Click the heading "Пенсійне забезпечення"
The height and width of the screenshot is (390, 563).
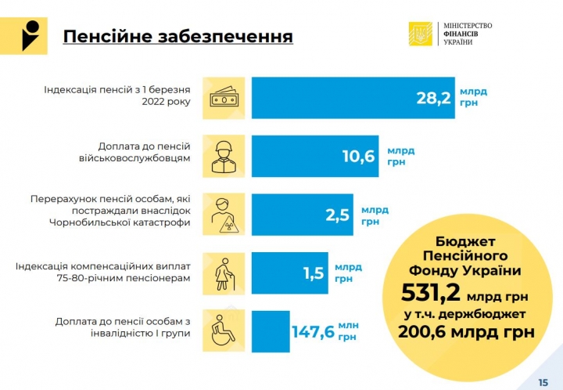point(178,37)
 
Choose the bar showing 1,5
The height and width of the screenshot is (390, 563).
point(289,273)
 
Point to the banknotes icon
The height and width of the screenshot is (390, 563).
point(223,97)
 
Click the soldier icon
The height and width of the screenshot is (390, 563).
point(223,156)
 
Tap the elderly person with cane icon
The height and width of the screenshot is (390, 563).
point(223,273)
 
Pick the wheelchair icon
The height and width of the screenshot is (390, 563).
point(223,331)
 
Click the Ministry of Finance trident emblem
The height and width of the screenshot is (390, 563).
point(420,34)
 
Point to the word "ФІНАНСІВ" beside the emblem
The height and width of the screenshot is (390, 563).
point(457,34)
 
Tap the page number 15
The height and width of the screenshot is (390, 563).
point(543,381)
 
